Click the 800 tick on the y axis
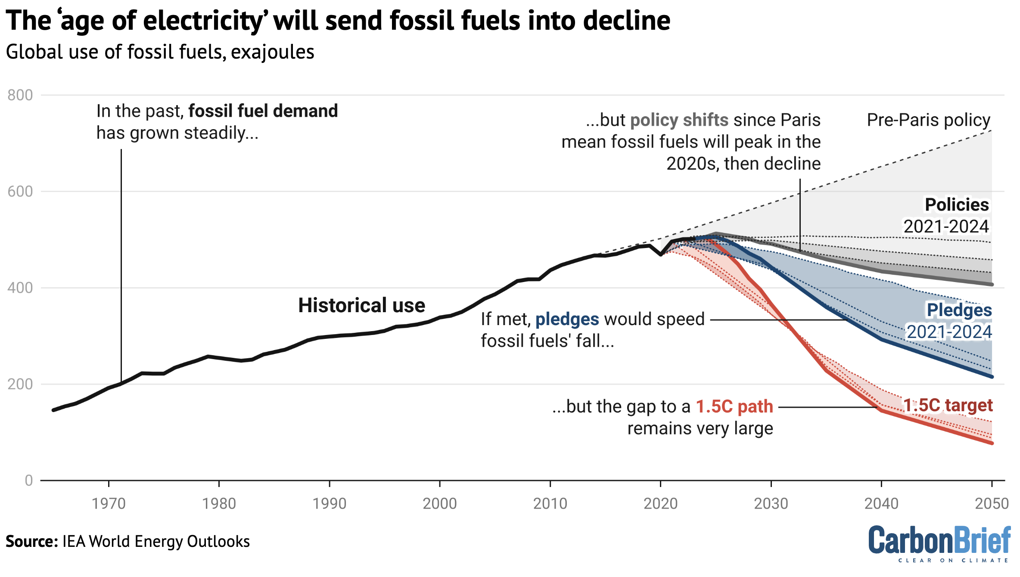(20, 95)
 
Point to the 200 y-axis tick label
(20, 384)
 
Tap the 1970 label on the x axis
(109, 503)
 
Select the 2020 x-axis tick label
(660, 503)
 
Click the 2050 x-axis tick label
(992, 503)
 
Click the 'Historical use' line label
(361, 305)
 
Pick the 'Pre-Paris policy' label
(928, 120)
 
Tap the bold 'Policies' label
(957, 205)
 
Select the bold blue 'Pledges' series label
(959, 310)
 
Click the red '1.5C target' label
(948, 405)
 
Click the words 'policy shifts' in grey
(679, 120)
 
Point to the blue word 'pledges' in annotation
(567, 319)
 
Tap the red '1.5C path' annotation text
(734, 406)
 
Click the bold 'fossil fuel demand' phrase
(263, 111)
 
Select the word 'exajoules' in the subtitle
(272, 52)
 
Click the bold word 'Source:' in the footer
(31, 541)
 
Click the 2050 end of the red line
(992, 443)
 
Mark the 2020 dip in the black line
(660, 254)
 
